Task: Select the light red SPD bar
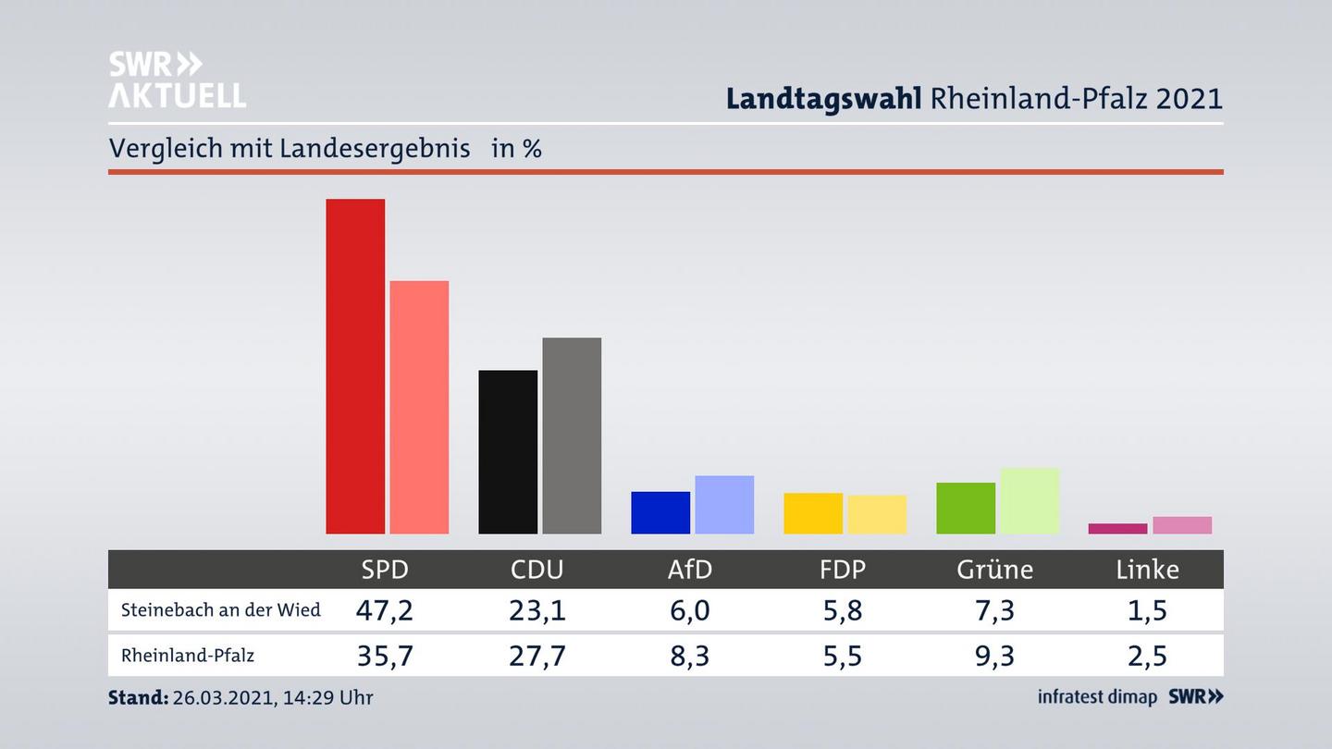pos(419,407)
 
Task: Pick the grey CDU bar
pos(572,436)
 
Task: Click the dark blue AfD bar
pos(660,512)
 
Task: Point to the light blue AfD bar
pos(724,505)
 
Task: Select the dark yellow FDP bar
pos(813,513)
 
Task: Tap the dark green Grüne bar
pos(966,508)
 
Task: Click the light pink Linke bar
pos(1182,525)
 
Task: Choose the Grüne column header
pos(994,570)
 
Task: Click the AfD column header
pos(690,570)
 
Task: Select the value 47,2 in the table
pos(385,610)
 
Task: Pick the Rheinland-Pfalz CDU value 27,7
pos(537,656)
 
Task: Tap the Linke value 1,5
pos(1147,610)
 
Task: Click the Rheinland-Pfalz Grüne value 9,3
pos(994,656)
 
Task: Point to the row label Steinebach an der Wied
pos(221,610)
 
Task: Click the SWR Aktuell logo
pos(177,80)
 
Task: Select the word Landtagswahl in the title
pos(823,98)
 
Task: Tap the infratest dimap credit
pos(1097,697)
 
